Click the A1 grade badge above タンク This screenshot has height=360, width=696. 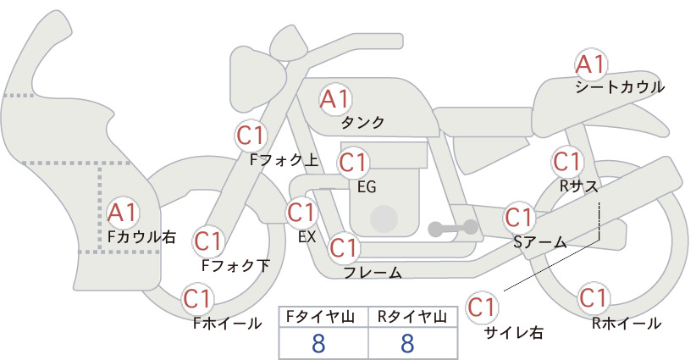(335, 100)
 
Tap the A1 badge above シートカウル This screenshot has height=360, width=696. (591, 65)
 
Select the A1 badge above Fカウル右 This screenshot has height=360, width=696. (123, 213)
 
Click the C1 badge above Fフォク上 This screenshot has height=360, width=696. (251, 136)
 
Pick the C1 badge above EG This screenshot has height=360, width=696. (353, 163)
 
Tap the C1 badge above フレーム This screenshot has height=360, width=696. (344, 247)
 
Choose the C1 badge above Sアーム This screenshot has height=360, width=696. (519, 218)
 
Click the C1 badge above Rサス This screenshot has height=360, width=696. (567, 162)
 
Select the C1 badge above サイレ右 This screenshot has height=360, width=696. (482, 307)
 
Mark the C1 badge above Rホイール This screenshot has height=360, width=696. (593, 298)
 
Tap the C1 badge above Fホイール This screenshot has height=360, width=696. (197, 299)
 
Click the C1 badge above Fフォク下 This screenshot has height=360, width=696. (208, 241)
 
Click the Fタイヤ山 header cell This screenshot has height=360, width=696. (323, 317)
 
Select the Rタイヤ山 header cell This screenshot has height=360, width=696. (413, 317)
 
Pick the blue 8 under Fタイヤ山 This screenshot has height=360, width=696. (318, 343)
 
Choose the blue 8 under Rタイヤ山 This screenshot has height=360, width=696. (407, 343)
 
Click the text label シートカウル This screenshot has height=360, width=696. (620, 87)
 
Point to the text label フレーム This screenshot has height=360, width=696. (373, 273)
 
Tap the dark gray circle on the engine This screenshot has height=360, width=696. (384, 219)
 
